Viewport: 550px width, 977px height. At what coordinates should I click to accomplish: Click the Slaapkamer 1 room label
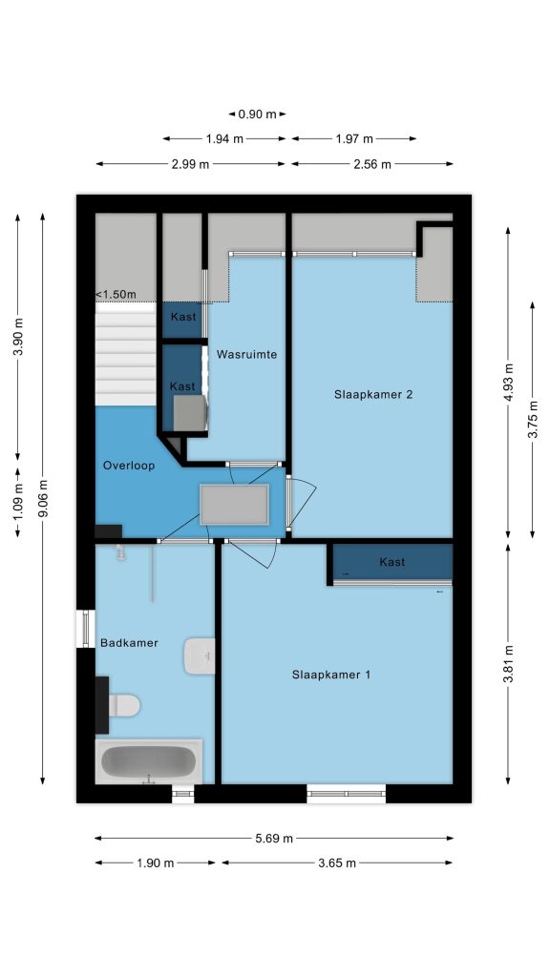pos(330,675)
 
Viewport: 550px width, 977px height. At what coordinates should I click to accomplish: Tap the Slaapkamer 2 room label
pos(373,394)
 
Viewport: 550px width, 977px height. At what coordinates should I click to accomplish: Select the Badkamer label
pos(129,642)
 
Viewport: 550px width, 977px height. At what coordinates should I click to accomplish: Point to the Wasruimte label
pos(246,354)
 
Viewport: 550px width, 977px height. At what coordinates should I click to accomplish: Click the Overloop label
pos(129,465)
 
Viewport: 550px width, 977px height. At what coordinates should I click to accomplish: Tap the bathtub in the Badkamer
pos(148,761)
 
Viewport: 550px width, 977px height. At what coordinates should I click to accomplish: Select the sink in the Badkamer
pos(200,655)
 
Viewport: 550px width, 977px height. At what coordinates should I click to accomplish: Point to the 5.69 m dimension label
pos(274,838)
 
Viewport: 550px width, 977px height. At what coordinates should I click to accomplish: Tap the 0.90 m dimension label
pos(257,114)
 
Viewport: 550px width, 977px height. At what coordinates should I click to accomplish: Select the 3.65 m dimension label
pos(337,863)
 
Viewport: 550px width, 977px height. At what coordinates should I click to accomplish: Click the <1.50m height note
pos(116,294)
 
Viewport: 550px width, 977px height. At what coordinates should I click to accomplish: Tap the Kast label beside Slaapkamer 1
pos(391,561)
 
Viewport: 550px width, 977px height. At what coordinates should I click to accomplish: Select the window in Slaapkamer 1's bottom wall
pos(346,794)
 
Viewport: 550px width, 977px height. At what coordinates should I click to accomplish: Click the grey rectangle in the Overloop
pos(235,505)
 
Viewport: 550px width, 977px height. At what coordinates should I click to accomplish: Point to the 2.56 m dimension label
pos(371,164)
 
